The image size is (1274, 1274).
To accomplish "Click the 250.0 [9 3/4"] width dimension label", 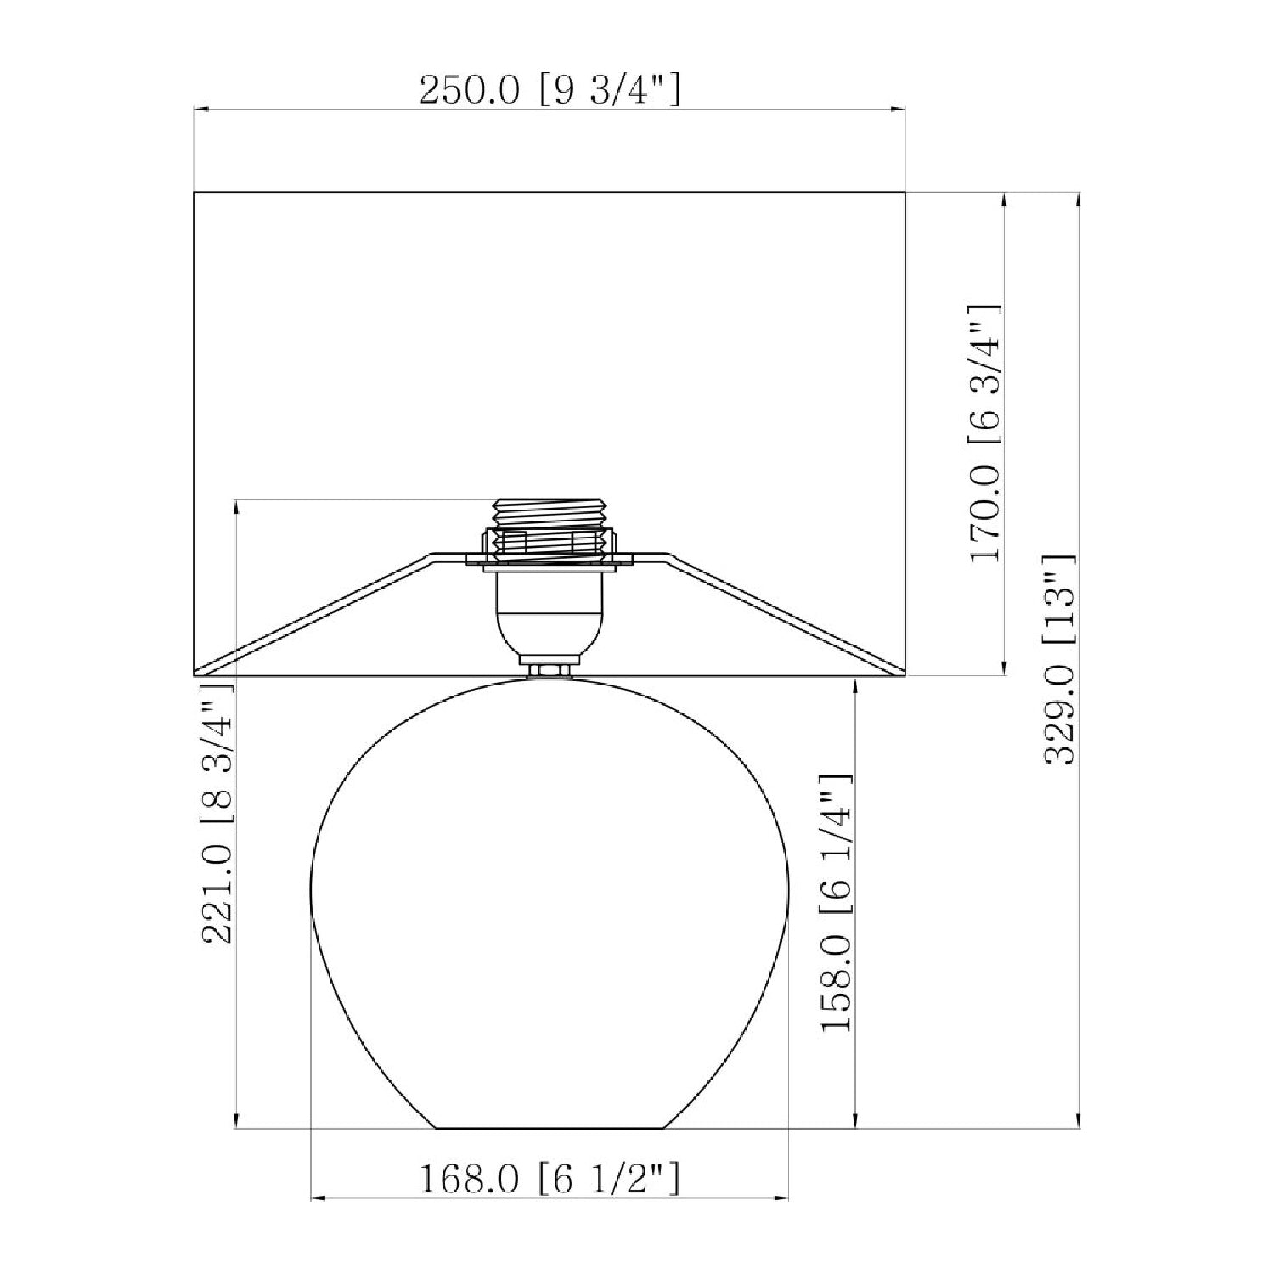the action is pos(550,89).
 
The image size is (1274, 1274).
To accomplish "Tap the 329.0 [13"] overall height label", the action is pos(1060,660).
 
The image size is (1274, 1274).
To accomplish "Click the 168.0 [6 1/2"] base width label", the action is pos(550,1178).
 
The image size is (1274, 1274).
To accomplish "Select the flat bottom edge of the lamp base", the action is pos(550,1128).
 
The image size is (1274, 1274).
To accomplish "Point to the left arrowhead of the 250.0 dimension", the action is pos(202,109).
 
